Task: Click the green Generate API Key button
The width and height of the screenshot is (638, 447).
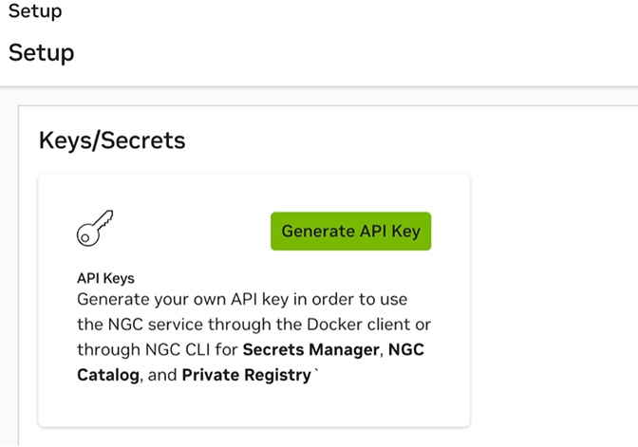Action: tap(350, 231)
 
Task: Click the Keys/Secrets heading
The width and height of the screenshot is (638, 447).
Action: tap(112, 140)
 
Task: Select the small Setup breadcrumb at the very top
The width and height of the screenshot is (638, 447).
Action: tap(35, 11)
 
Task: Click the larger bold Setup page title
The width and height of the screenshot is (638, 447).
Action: tap(41, 52)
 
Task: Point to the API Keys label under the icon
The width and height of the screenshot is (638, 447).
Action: tap(105, 279)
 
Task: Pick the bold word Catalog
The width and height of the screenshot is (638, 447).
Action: tap(108, 375)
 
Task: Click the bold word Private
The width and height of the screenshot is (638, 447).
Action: tap(212, 375)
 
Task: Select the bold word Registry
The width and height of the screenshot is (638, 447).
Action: tap(277, 375)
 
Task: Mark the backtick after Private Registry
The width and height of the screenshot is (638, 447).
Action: tap(315, 371)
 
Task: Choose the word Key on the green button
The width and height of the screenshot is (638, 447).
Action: tap(405, 231)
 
